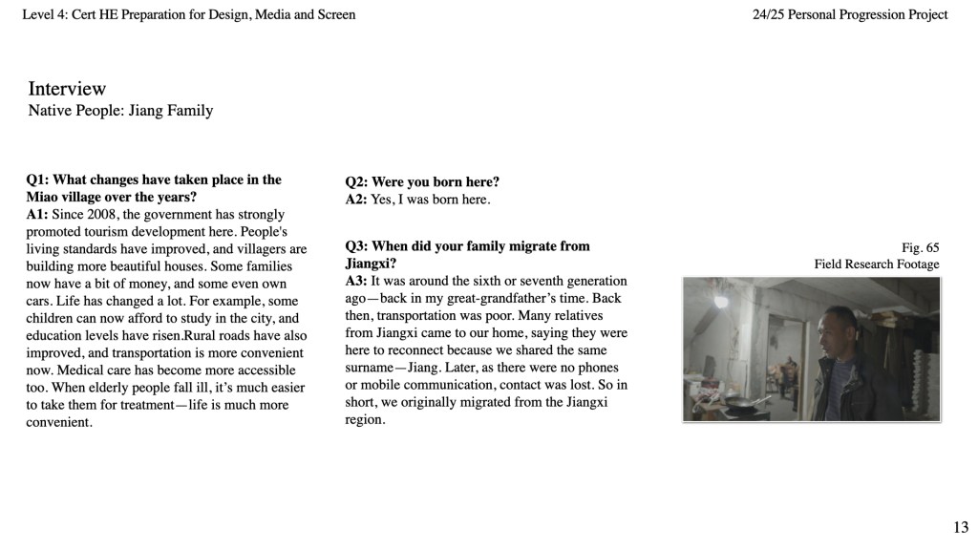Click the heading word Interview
[67, 89]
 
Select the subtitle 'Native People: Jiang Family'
[120, 111]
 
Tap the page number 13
[960, 527]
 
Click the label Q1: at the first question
[38, 180]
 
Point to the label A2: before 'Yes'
[356, 200]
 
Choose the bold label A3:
[356, 281]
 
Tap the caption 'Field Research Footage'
[876, 264]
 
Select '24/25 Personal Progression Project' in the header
[850, 14]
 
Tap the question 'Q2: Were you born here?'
[422, 181]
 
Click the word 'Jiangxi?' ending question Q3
[371, 263]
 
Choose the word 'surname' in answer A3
[369, 367]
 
